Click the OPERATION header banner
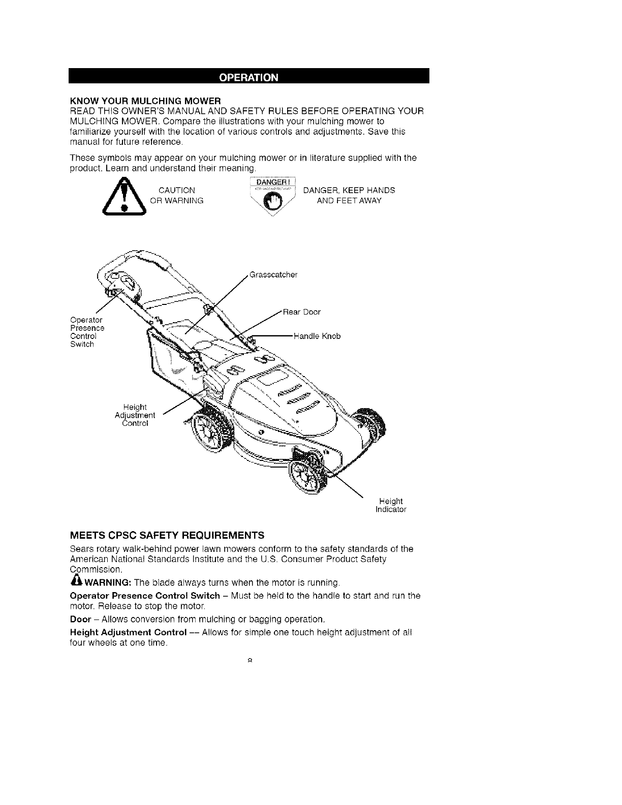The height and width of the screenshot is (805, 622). pos(249,78)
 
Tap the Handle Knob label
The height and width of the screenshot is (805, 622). pos(317,336)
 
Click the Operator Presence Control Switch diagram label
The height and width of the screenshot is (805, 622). pos(87,332)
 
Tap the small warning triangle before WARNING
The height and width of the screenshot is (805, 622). pos(76,581)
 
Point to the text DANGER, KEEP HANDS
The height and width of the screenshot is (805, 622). pos(349,191)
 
